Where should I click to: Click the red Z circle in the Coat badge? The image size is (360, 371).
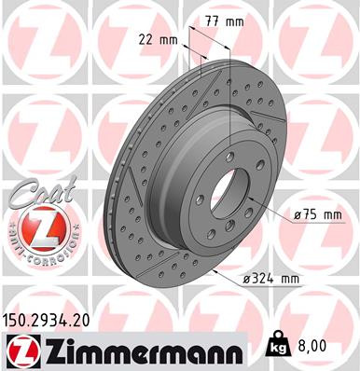coord(36,226)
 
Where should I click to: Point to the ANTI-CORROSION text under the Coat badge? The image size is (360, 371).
coord(36,252)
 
